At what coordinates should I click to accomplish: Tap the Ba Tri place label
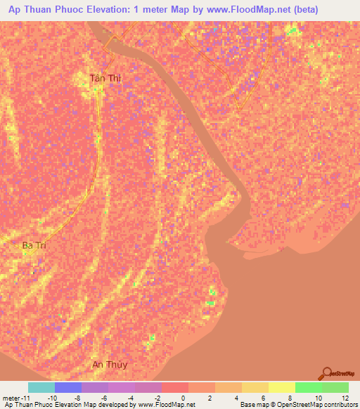[33, 245]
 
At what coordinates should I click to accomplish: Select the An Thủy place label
[110, 364]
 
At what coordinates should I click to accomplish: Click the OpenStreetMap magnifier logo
[327, 372]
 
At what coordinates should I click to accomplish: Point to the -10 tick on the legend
[52, 397]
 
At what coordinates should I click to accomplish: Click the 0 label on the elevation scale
[184, 397]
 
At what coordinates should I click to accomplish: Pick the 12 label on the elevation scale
[345, 397]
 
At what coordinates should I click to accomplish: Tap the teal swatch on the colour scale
[41, 387]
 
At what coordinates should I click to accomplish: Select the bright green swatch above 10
[308, 387]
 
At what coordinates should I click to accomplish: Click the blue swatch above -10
[68, 387]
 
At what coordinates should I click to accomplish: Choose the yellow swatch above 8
[281, 387]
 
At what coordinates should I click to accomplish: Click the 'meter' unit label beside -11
[11, 397]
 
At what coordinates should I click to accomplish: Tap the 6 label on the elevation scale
[264, 397]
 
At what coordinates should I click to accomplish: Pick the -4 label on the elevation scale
[130, 397]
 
